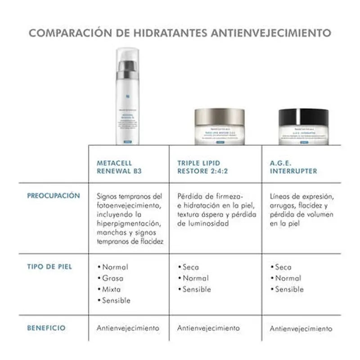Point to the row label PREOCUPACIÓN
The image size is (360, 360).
(x=54, y=196)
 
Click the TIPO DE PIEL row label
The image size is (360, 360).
(x=49, y=266)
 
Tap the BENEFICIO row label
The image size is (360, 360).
(x=46, y=328)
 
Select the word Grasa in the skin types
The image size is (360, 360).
(x=112, y=278)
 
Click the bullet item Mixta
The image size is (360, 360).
(x=111, y=289)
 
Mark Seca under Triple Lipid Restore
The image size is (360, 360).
(x=191, y=267)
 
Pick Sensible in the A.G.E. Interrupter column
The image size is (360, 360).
(x=289, y=289)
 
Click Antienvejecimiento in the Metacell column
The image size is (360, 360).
(x=128, y=328)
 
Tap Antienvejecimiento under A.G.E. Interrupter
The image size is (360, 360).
(x=301, y=328)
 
